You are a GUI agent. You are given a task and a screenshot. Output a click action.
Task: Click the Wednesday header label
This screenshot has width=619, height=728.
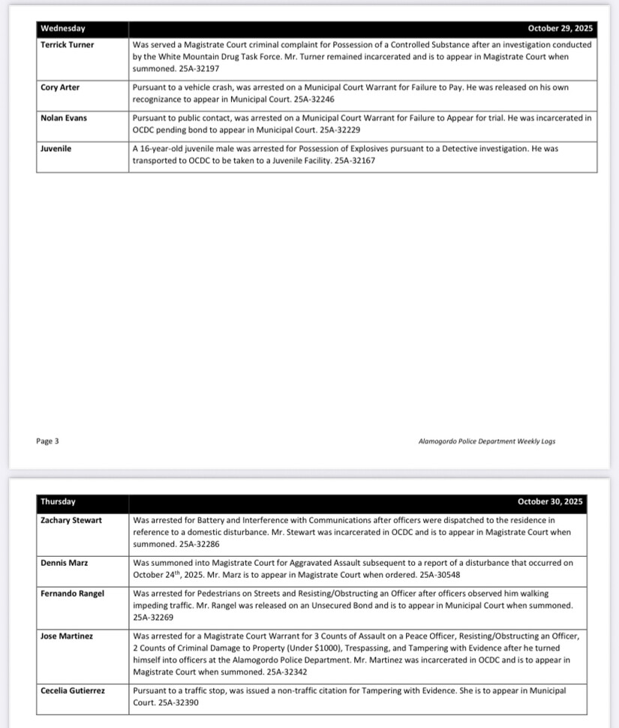(x=63, y=29)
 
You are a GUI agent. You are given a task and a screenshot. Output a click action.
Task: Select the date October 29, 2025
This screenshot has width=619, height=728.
(x=560, y=29)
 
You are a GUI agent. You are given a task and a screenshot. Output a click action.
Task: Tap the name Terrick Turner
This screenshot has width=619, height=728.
(x=68, y=45)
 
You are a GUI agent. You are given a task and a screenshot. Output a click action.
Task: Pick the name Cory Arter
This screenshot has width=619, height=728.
(x=60, y=88)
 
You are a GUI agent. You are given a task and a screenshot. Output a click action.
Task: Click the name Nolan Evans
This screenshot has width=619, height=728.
(x=64, y=118)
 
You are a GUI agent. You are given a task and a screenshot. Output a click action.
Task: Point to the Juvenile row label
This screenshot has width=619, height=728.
(x=56, y=149)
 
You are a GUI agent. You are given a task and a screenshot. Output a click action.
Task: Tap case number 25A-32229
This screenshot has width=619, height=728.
(x=344, y=129)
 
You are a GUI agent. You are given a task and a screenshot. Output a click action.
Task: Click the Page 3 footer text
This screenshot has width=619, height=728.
(x=47, y=441)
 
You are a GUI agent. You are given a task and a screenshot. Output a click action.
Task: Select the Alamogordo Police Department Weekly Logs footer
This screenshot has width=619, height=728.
(x=487, y=441)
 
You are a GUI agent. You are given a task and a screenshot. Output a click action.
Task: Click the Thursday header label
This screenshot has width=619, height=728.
(x=58, y=501)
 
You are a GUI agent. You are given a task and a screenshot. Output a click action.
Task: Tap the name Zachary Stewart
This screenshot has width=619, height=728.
(x=71, y=519)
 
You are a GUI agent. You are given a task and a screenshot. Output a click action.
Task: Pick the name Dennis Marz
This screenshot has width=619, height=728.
(x=63, y=562)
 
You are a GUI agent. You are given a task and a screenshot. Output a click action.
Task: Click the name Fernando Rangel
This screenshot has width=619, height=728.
(x=73, y=594)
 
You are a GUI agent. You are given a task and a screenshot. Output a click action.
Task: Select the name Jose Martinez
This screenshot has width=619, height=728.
(x=67, y=636)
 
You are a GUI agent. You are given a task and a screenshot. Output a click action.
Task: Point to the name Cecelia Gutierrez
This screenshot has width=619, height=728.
(x=77, y=690)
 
